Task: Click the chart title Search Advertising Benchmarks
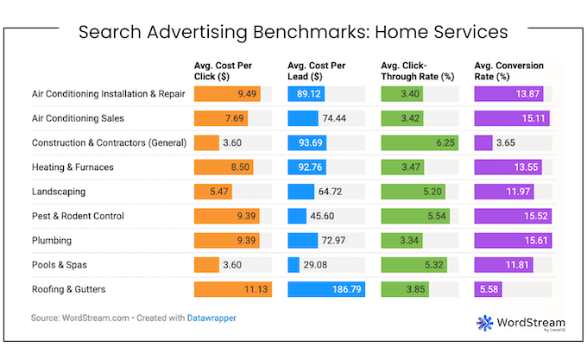coord(293,33)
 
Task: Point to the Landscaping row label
coord(60,192)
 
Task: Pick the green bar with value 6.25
coord(419,143)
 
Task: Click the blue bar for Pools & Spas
coord(293,264)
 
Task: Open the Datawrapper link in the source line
coord(211,318)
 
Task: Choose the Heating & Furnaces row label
coord(73,167)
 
